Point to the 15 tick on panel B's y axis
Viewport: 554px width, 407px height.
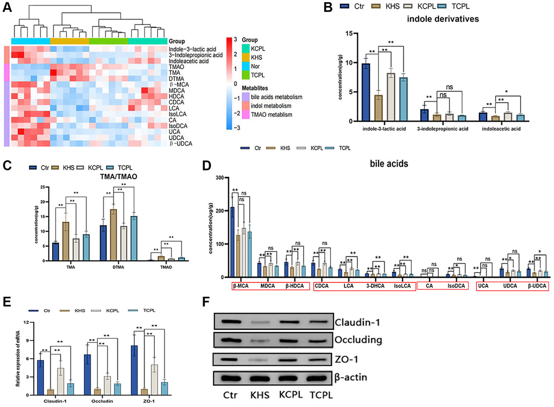pos(353,34)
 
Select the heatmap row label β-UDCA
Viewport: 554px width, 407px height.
pos(181,143)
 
